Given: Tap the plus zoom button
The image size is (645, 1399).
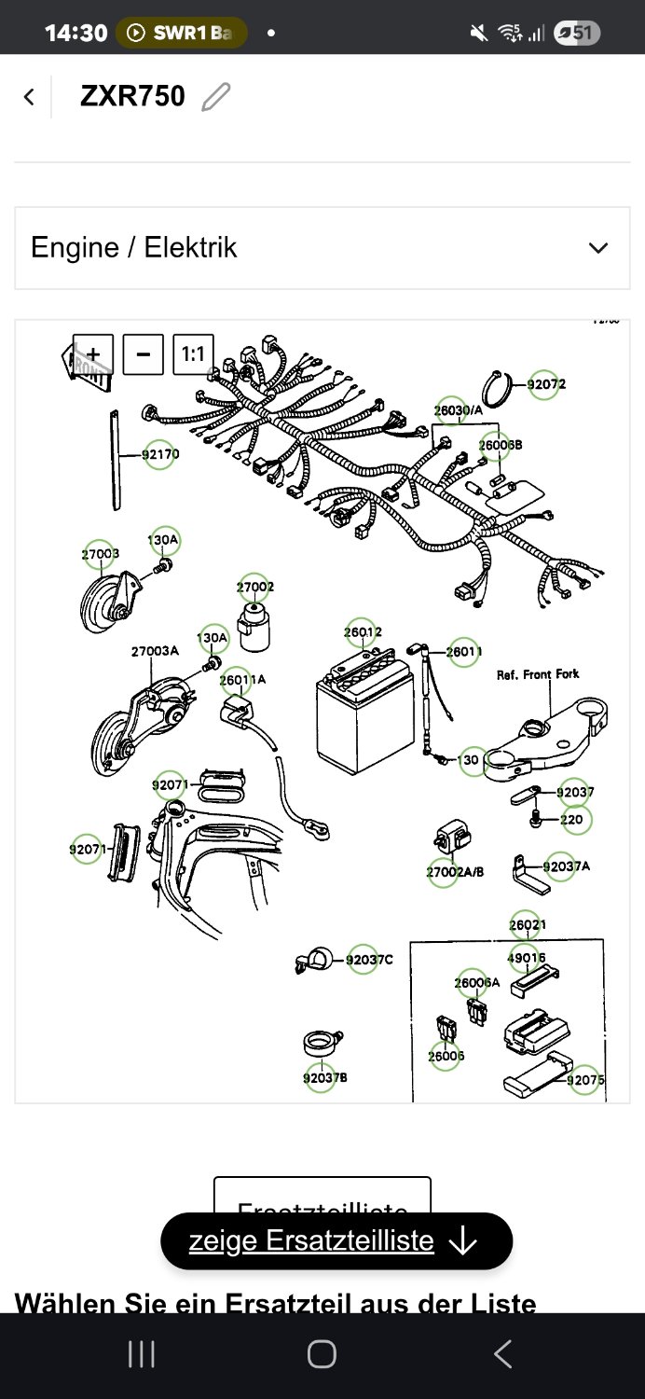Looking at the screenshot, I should click(x=93, y=354).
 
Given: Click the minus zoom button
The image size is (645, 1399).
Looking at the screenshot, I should click(x=144, y=354).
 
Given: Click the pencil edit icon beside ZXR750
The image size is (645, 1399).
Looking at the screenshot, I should click(x=216, y=96).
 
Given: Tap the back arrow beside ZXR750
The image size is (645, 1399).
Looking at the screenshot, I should click(x=30, y=96).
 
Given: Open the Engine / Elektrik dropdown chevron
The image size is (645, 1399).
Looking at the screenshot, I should click(x=598, y=248).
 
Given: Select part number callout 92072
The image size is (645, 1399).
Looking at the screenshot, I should click(x=545, y=384).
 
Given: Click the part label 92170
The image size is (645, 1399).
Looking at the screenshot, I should click(x=160, y=454).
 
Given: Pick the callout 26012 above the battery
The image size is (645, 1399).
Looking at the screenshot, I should click(x=362, y=632).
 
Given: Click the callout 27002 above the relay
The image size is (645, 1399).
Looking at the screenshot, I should click(x=254, y=588).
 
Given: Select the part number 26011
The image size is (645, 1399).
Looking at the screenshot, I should click(x=463, y=652).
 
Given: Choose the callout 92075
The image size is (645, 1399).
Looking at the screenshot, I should click(x=586, y=1080).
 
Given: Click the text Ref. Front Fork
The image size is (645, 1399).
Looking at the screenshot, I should click(x=538, y=674).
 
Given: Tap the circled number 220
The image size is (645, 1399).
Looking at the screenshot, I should click(x=571, y=820).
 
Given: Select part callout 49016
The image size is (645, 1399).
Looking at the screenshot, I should click(x=527, y=958).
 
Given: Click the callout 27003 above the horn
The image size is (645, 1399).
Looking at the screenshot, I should click(x=101, y=554).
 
